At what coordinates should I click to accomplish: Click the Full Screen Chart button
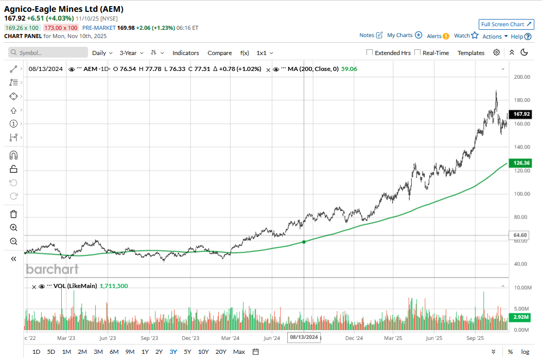pos(506,24)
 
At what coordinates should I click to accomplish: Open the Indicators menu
pos(185,53)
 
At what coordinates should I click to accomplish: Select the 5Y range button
pos(187,352)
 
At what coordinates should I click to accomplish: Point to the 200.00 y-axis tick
pos(522,77)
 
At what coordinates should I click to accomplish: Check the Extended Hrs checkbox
pos(370,52)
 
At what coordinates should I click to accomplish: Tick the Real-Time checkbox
pos(417,52)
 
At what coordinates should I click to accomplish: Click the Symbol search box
pos(48,52)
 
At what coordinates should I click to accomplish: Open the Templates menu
pos(471,53)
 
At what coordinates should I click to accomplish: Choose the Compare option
pos(220,53)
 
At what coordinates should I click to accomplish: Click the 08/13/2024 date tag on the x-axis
pos(304,337)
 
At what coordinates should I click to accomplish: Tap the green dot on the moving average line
pos(304,241)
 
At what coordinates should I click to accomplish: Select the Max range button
pos(239,352)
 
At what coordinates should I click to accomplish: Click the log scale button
pos(524,352)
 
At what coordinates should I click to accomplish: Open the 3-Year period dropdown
pos(131,53)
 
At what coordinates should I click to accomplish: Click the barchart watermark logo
pos(52,269)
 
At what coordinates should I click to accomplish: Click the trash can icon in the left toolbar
pos(14,214)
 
